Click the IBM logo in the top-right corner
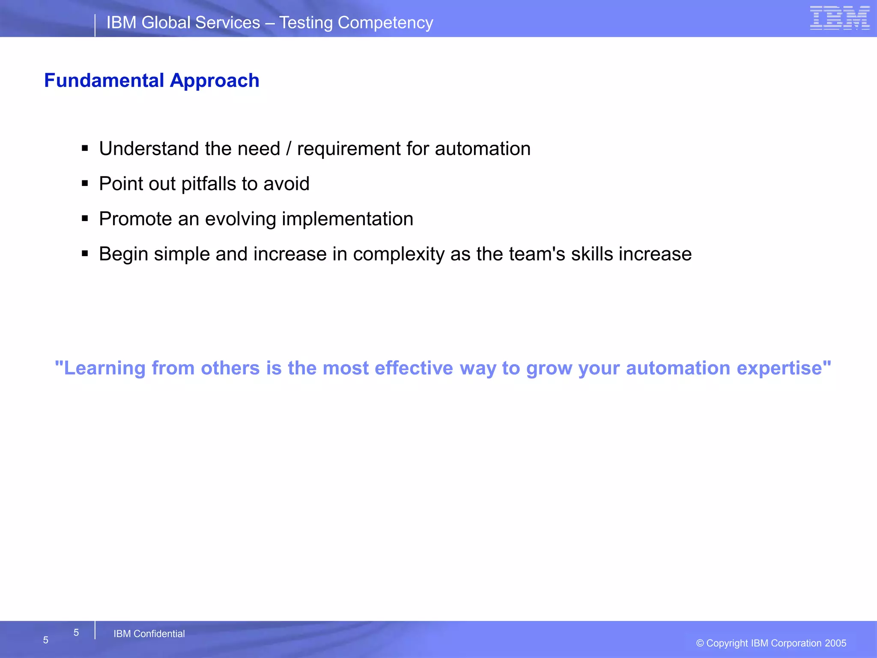pos(839,18)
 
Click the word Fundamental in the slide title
pos(104,81)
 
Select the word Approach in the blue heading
pos(215,81)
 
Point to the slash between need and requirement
pos(289,149)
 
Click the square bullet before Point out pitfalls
pos(85,184)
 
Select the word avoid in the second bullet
pos(286,184)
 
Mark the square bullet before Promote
pos(85,219)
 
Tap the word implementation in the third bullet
pos(347,219)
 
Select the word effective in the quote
pos(413,368)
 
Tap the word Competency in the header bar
pos(385,23)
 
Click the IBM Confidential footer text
pos(149,634)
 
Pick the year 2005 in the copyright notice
pos(835,643)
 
